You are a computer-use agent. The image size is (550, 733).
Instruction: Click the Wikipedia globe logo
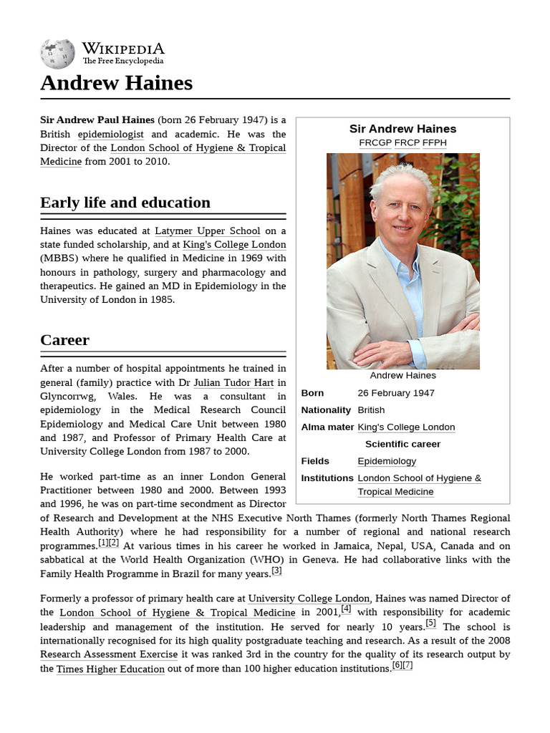tap(57, 53)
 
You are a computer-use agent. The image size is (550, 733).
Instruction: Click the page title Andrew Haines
tap(116, 83)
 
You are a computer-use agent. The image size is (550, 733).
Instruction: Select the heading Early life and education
tap(125, 203)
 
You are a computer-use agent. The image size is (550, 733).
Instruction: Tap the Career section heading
tap(65, 340)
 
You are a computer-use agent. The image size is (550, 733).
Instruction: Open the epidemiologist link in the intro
tap(110, 134)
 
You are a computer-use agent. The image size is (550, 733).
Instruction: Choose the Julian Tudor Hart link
tap(233, 382)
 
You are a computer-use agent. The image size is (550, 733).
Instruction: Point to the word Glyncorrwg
tap(69, 396)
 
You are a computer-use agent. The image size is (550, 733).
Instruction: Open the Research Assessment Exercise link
tap(109, 654)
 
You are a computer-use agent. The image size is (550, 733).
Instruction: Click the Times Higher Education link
tap(110, 669)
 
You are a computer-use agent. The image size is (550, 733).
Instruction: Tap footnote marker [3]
tap(276, 571)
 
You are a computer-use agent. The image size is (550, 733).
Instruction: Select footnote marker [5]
tap(430, 623)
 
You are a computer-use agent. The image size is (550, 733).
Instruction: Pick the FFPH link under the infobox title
tap(434, 142)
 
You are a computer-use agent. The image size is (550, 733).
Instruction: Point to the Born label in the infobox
tap(312, 393)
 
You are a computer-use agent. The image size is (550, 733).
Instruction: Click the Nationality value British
tap(371, 410)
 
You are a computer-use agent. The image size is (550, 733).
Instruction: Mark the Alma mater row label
tap(327, 427)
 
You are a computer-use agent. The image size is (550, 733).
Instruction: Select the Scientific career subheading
tap(402, 444)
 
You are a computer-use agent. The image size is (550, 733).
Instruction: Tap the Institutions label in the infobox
tap(327, 478)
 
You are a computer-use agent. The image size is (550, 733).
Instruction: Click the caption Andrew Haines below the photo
tap(402, 375)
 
